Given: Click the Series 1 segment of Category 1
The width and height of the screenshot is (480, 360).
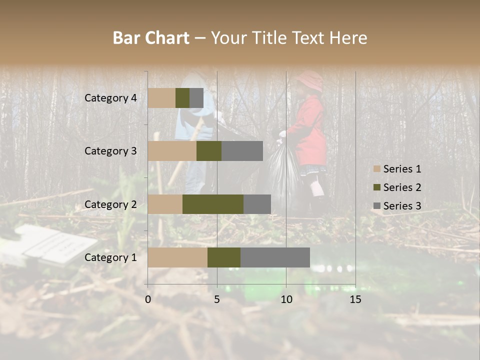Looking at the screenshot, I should click(x=177, y=257).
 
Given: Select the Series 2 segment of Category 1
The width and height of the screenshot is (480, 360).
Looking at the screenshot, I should click(x=224, y=257).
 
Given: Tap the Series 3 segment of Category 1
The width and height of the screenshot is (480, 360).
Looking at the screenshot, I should click(x=275, y=257).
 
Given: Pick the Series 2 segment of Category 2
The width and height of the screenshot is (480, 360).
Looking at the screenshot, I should click(x=213, y=204).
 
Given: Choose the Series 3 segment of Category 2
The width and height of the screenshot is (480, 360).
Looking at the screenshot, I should click(x=257, y=204).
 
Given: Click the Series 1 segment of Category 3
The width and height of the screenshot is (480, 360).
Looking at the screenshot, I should click(x=172, y=151).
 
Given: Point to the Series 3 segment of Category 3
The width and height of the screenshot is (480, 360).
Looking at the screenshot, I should click(x=242, y=151).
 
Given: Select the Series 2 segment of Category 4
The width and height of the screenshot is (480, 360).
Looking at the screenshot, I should click(x=182, y=98).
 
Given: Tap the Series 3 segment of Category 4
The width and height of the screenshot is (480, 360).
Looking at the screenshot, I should click(x=196, y=98).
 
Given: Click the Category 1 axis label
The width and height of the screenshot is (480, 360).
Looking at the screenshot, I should click(x=110, y=257).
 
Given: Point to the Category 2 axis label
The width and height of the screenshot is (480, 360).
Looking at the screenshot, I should click(x=110, y=204).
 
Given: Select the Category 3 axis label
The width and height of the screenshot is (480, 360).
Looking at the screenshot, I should click(x=110, y=151).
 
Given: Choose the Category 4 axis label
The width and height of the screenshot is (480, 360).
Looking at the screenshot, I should click(x=110, y=98).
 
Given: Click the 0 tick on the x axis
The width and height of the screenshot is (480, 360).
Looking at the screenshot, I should click(x=148, y=299).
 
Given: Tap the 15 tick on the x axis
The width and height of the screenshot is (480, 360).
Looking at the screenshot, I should click(x=355, y=299).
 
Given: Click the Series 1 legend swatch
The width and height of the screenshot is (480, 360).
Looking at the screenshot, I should click(x=377, y=169).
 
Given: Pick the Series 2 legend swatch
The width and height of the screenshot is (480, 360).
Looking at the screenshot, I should click(x=377, y=187).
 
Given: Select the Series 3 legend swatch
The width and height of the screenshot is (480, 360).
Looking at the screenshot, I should click(x=377, y=206).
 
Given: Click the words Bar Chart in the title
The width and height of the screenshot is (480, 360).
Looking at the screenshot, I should click(x=151, y=38).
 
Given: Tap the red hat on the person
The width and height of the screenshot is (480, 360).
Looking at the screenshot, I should click(x=310, y=80).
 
